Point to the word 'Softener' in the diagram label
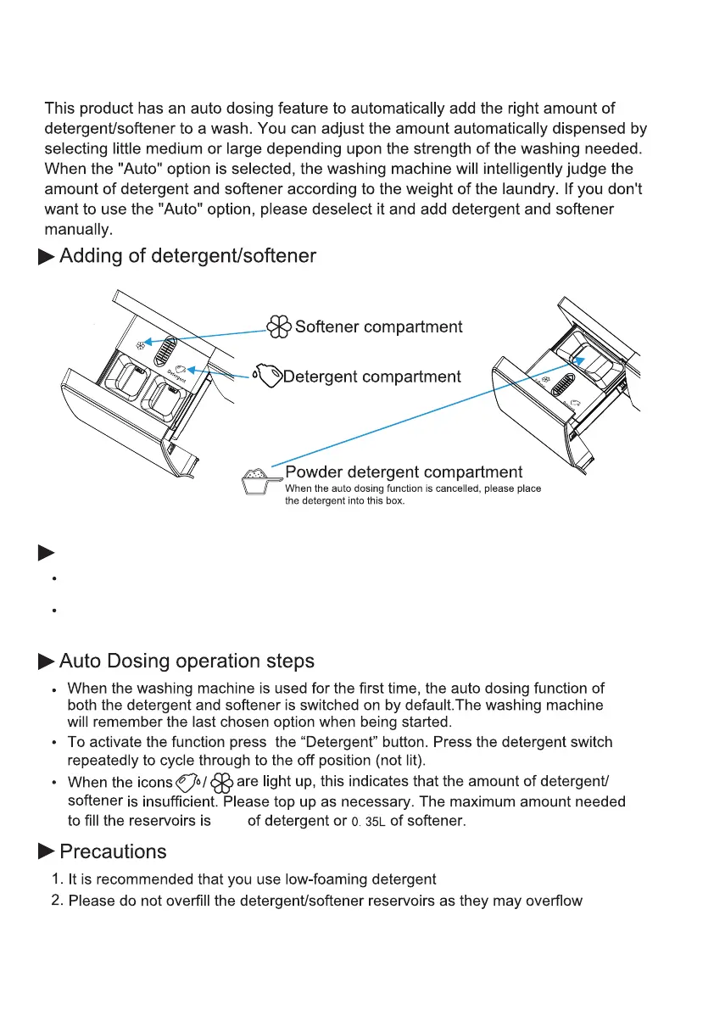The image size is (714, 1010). click(x=330, y=326)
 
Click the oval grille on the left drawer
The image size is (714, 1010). click(x=170, y=347)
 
